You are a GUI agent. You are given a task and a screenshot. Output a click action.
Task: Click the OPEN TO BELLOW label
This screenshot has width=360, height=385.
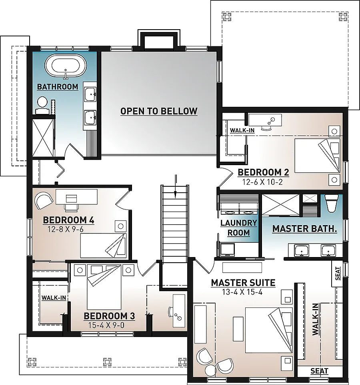coord(159,111)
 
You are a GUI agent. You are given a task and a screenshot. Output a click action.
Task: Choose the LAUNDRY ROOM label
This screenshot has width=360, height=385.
coord(239,228)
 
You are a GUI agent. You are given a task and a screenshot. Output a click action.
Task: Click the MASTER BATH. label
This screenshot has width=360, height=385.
coord(304,229)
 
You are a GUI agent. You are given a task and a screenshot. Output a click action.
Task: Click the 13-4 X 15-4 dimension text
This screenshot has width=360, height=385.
coord(243,292)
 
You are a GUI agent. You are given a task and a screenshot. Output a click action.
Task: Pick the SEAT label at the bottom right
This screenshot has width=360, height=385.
coord(319,371)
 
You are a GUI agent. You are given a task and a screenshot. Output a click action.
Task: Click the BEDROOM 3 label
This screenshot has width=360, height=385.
coord(109,316)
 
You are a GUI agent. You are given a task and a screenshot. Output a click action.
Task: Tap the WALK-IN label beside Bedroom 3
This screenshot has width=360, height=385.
coord(53,298)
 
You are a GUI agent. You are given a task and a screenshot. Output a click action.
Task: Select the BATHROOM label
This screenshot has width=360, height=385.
coord(57,87)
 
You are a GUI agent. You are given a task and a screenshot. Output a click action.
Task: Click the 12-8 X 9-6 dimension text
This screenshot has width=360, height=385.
coord(65,229)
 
